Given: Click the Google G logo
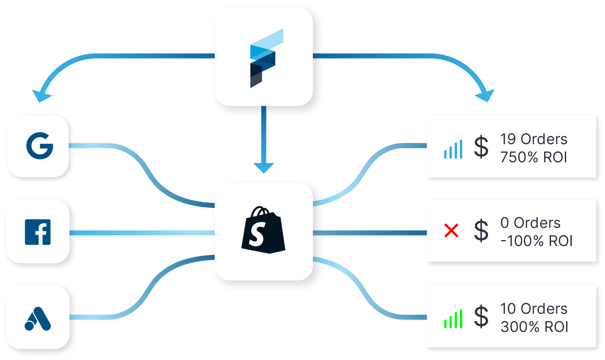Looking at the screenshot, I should click(39, 147).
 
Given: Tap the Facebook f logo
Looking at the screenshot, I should click(38, 232).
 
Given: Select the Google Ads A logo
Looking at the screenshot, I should click(38, 318).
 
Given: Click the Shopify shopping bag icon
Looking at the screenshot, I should click(263, 229).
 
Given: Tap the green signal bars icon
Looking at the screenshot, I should click(453, 318).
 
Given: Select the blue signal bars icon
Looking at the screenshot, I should click(453, 148).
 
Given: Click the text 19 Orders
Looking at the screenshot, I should click(534, 139).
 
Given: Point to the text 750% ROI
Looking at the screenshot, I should click(534, 157).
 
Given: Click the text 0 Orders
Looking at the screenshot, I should click(530, 223).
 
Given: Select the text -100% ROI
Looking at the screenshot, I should click(536, 241).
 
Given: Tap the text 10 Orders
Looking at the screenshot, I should click(534, 309).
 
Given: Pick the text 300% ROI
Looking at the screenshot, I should click(534, 327).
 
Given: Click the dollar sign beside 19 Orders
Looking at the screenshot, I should click(481, 148).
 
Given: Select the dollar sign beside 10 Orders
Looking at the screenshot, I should click(481, 317).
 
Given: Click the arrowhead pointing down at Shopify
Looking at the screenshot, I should click(263, 167).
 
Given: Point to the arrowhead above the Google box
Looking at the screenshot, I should click(42, 96).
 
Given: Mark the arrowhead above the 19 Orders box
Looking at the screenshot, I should click(485, 95).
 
